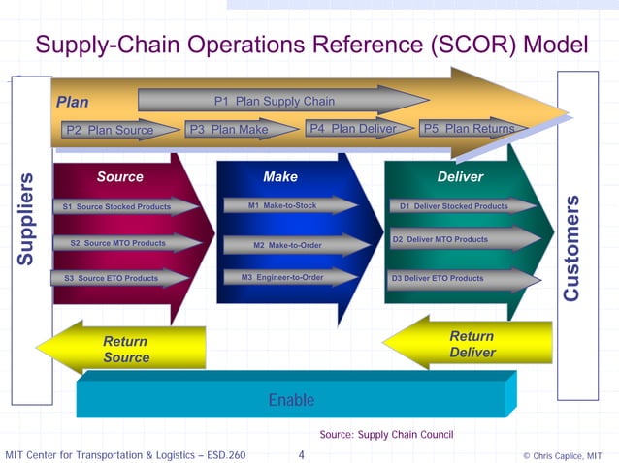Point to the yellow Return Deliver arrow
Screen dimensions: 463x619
pos(471,343)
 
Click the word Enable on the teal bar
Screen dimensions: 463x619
pos(291,399)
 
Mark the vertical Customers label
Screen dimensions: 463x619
pos(572,247)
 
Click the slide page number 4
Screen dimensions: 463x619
pos(302,454)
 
